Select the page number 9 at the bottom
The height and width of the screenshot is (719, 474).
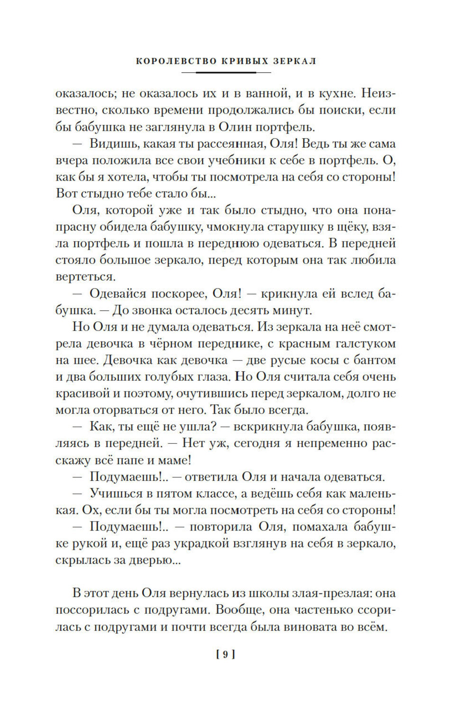coord(226,655)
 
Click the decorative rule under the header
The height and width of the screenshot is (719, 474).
coord(226,72)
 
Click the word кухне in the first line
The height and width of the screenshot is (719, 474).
coord(336,93)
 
